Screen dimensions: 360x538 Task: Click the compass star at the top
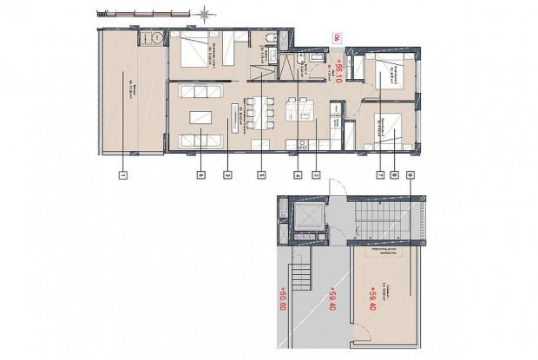click(x=205, y=13)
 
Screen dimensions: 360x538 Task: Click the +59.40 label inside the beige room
click(x=372, y=300)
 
